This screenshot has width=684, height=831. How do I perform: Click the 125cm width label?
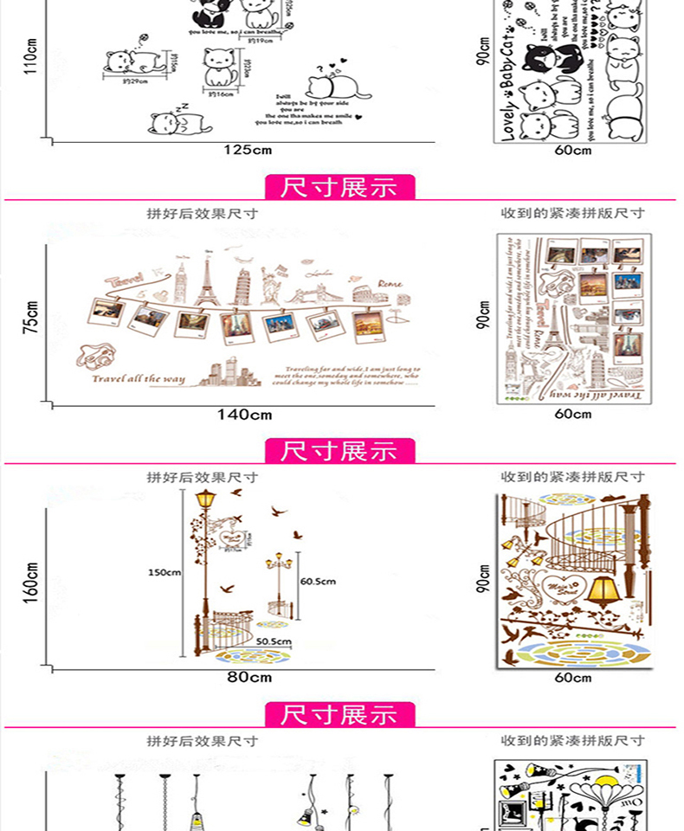[x=248, y=150]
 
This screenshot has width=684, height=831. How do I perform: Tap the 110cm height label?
[x=30, y=58]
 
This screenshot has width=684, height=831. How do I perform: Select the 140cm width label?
[x=244, y=415]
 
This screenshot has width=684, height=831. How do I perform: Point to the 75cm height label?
[x=31, y=318]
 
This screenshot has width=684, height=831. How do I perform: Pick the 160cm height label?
[x=31, y=581]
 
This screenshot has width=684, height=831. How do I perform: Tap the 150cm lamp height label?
[x=164, y=573]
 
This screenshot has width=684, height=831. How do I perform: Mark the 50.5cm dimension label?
[x=273, y=641]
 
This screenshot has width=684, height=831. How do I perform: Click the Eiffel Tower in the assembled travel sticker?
[x=209, y=275]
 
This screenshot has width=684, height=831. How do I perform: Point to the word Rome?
[x=390, y=283]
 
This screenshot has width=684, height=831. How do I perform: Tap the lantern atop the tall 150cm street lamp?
[x=205, y=500]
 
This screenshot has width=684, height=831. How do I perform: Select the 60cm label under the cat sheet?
[x=573, y=150]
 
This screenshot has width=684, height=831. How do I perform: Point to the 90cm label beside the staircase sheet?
[x=484, y=581]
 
